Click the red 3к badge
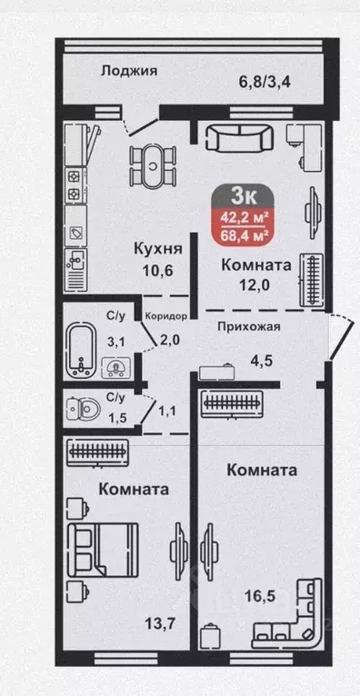click(x=243, y=195)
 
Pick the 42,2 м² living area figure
click(x=245, y=217)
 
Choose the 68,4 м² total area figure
click(x=245, y=236)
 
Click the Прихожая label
click(x=247, y=328)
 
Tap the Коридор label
click(x=165, y=316)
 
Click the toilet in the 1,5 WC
click(x=81, y=410)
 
